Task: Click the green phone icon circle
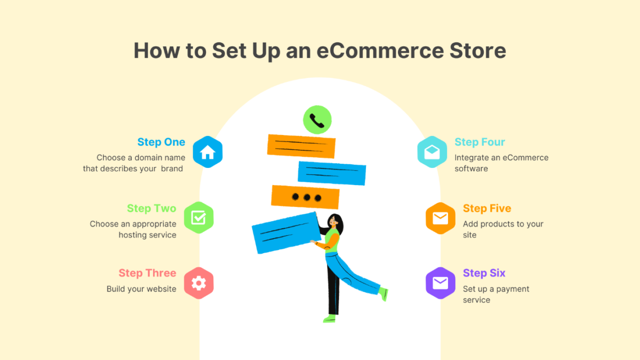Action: tap(317, 120)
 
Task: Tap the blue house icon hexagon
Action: tap(207, 153)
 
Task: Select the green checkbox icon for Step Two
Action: tap(198, 218)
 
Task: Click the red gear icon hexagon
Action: tap(198, 283)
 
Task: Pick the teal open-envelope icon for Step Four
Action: tap(432, 153)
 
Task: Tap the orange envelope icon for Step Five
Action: tap(441, 218)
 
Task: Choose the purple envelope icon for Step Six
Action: tap(441, 283)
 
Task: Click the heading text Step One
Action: tap(161, 142)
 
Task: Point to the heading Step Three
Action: tap(147, 273)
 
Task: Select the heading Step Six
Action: tap(484, 273)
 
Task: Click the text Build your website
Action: tap(141, 289)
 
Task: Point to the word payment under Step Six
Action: tap(513, 289)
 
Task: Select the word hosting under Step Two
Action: tap(133, 235)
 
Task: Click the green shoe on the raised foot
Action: tap(383, 293)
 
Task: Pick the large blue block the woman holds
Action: tap(285, 233)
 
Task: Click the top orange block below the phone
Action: tap(301, 146)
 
